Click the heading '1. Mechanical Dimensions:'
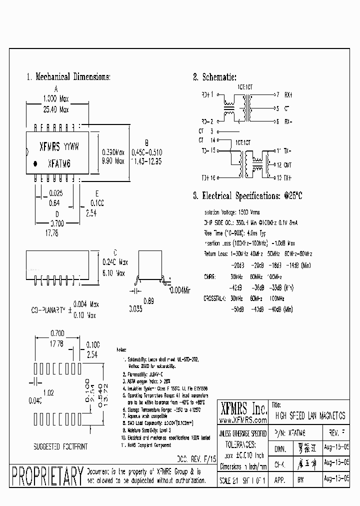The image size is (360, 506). (x=68, y=77)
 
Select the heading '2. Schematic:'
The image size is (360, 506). (x=214, y=77)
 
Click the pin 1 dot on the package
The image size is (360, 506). (x=35, y=163)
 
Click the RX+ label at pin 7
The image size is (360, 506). (x=288, y=94)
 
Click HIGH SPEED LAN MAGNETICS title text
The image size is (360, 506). (x=310, y=416)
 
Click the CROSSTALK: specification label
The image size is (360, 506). (x=215, y=298)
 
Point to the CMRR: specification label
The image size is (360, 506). (x=209, y=276)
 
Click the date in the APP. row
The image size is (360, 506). (x=336, y=478)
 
